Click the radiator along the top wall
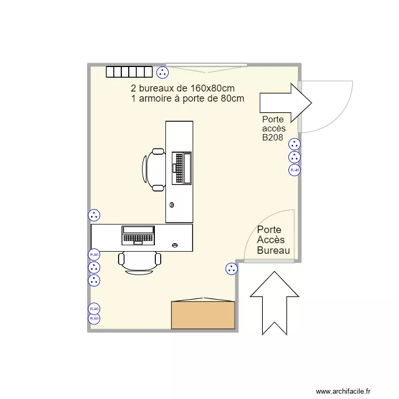pos(129,72)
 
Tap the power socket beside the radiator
pos(162,72)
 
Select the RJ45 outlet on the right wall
pos(294,170)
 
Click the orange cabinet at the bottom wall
pos(203,315)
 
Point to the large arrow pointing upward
pos(275,303)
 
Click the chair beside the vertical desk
pos(154,170)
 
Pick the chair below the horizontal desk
pos(139,262)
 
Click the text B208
pos(272,138)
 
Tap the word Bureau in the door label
pos(273,251)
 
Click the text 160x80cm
pos(212,88)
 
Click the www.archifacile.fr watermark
pos(346,391)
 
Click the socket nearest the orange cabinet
pos(231,269)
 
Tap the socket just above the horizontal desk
pos(94,215)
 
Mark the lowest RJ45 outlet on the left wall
pos(94,318)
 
